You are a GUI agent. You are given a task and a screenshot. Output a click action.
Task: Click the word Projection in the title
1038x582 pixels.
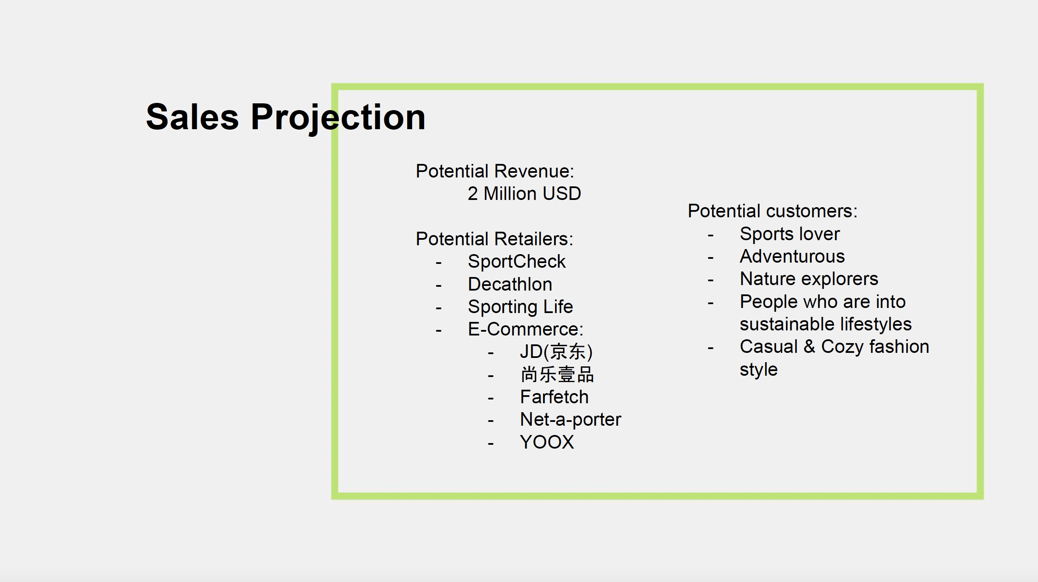pyautogui.click(x=338, y=118)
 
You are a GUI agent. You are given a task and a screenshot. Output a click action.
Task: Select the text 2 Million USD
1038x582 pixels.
pyautogui.click(x=524, y=194)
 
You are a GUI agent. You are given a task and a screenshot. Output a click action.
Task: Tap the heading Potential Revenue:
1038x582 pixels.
pyautogui.click(x=495, y=171)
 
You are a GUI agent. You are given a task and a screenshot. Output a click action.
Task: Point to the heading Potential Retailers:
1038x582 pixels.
pyautogui.click(x=494, y=239)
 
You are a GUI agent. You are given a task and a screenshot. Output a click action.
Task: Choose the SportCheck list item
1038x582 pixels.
pyautogui.click(x=516, y=261)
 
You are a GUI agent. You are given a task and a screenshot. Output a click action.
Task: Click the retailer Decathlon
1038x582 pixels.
pyautogui.click(x=510, y=284)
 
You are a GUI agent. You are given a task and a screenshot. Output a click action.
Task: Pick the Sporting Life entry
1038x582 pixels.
pyautogui.click(x=520, y=307)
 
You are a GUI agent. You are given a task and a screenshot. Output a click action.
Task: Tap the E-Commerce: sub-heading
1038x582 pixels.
pyautogui.click(x=525, y=329)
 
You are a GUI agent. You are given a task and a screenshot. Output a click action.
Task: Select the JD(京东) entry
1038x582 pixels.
pyautogui.click(x=556, y=352)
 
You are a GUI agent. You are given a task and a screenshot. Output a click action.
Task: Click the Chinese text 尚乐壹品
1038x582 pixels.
pyautogui.click(x=557, y=374)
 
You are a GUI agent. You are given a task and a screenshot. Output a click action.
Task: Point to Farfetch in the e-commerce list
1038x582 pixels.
pyautogui.click(x=554, y=397)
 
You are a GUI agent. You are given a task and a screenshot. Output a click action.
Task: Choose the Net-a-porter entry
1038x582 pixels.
pyautogui.click(x=570, y=420)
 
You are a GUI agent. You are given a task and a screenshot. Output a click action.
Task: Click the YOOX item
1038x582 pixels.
pyautogui.click(x=547, y=442)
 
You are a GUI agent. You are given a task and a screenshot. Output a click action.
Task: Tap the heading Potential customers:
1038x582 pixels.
pyautogui.click(x=772, y=211)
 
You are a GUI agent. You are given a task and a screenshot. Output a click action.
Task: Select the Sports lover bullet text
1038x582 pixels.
pyautogui.click(x=790, y=234)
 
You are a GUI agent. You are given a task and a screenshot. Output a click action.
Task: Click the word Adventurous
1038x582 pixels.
pyautogui.click(x=792, y=256)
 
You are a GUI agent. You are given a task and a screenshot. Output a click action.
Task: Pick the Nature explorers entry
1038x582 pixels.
pyautogui.click(x=809, y=279)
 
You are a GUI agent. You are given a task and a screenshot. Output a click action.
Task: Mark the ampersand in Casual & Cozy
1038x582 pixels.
pyautogui.click(x=809, y=346)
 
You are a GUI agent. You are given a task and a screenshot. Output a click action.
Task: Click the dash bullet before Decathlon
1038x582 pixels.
pyautogui.click(x=439, y=285)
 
